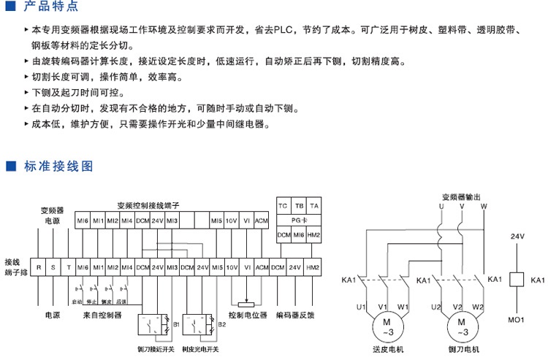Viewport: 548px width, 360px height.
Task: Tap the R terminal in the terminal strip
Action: click(x=39, y=267)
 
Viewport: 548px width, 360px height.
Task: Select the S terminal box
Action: click(x=53, y=267)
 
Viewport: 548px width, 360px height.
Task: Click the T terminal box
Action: click(x=69, y=267)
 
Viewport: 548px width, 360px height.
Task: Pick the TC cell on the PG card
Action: click(x=283, y=206)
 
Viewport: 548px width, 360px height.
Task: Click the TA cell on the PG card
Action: click(x=313, y=206)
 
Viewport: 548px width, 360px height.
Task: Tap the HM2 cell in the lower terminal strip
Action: click(x=313, y=267)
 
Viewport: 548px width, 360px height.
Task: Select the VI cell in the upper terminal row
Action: click(x=247, y=220)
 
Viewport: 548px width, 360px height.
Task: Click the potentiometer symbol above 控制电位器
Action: click(x=247, y=302)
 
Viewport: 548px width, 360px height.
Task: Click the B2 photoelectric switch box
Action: click(x=199, y=325)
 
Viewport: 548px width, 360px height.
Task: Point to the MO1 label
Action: click(x=517, y=320)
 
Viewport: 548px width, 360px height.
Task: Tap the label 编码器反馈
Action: click(x=295, y=316)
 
